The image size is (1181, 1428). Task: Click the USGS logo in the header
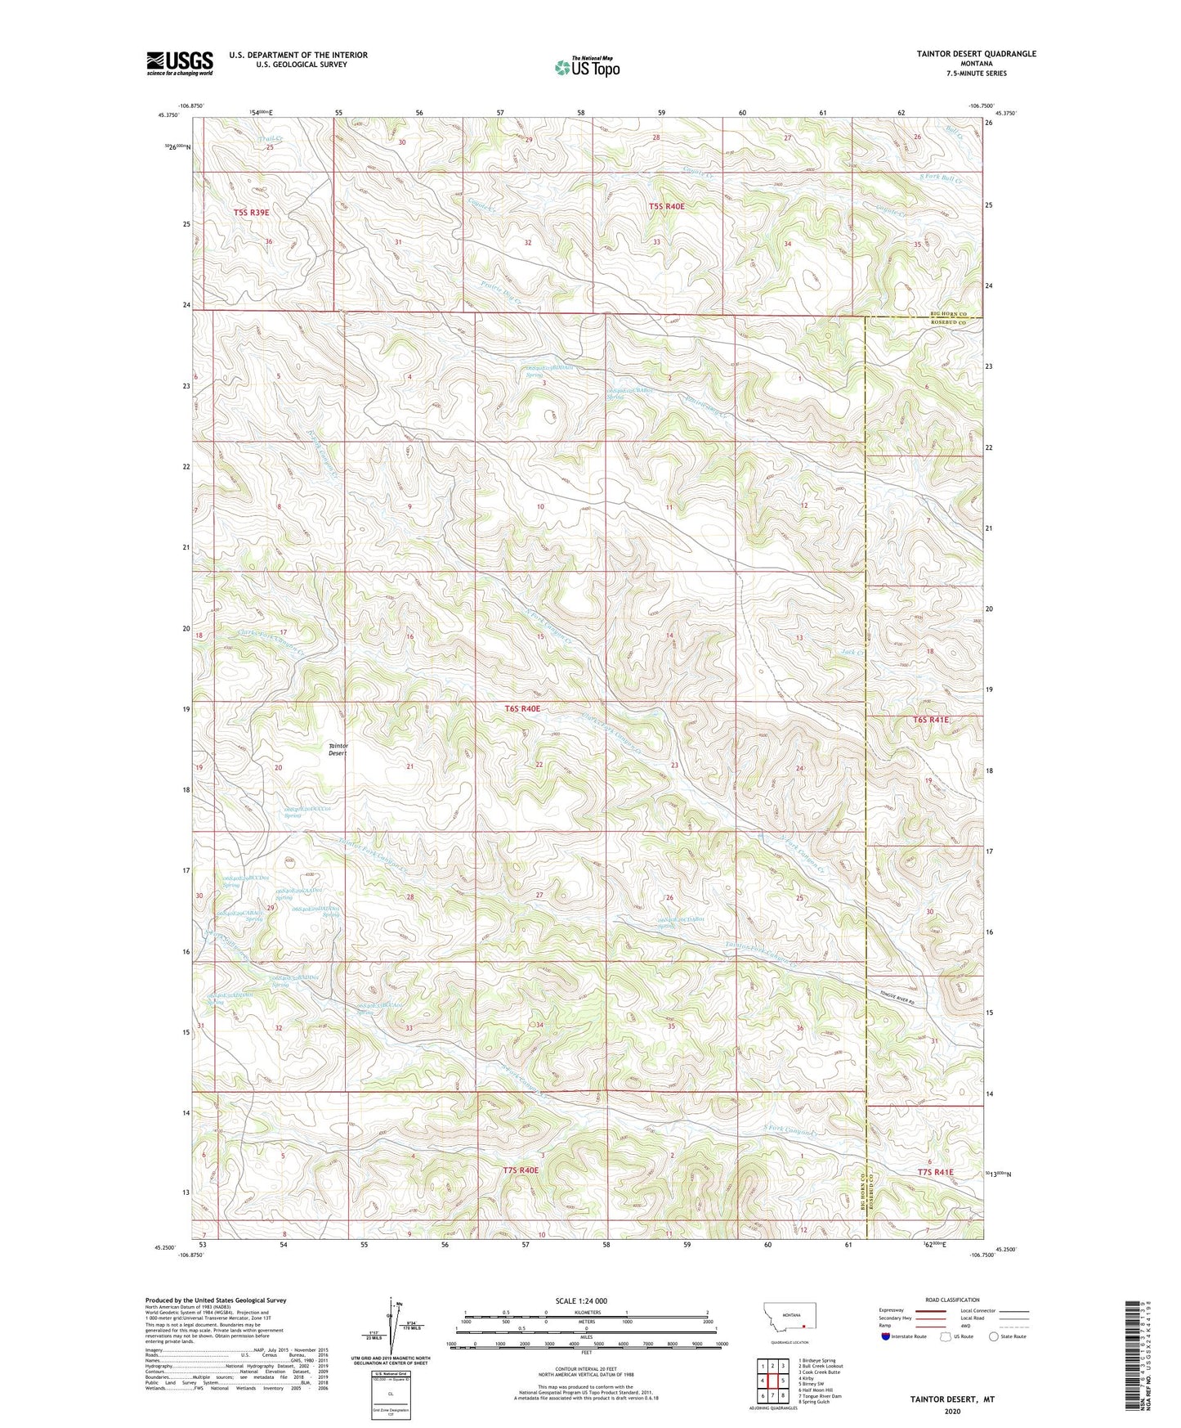point(180,62)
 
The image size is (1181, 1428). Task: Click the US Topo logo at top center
point(587,67)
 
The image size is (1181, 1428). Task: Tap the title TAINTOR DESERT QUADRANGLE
point(964,54)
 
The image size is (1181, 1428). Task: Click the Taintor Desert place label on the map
point(338,749)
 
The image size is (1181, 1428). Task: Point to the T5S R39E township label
point(251,212)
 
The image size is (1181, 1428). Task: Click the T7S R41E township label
point(935,1172)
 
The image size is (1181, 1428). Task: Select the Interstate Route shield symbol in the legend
point(887,1336)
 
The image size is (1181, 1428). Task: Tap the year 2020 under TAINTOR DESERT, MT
point(952,1412)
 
